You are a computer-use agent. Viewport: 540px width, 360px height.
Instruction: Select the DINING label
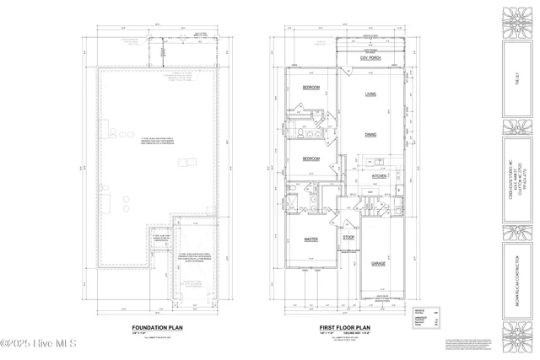(370, 134)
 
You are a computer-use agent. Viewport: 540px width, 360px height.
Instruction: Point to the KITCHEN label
(379, 176)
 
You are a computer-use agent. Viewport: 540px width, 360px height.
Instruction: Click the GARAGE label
(380, 264)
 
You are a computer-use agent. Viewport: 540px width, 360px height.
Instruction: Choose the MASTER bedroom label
(310, 239)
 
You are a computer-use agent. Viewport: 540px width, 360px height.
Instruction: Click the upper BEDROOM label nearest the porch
(310, 88)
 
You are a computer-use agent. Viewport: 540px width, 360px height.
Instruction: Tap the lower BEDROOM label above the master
(310, 159)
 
